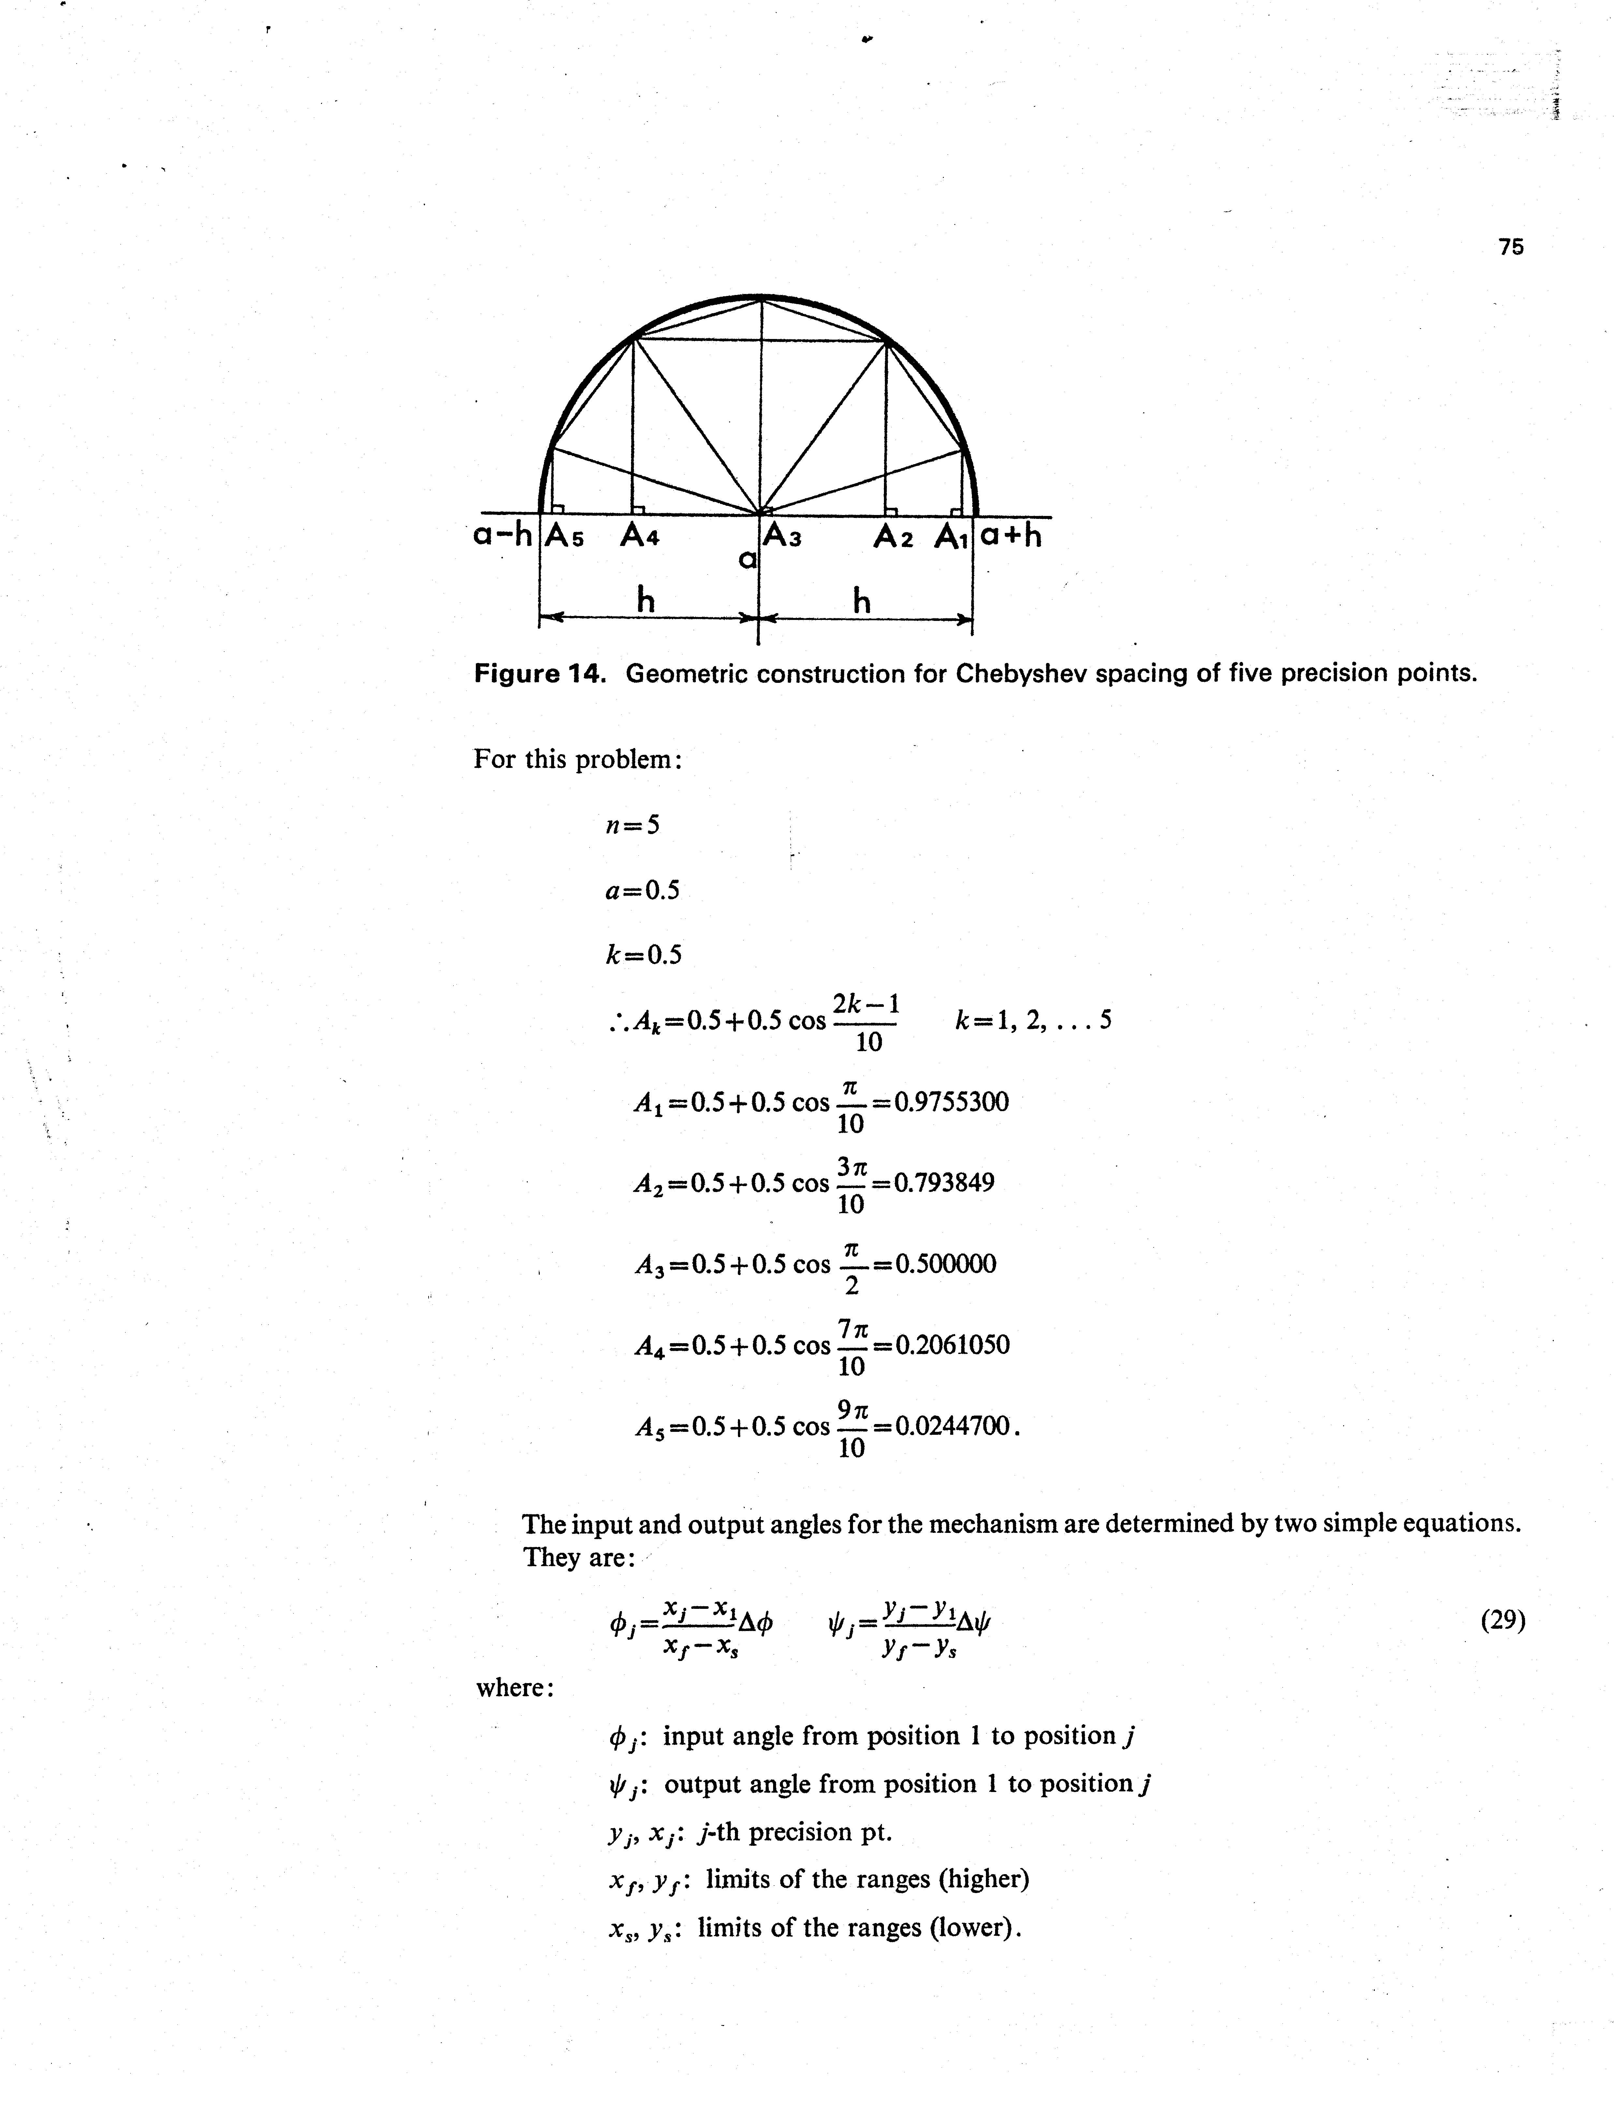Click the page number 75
click(1510, 247)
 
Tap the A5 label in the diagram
click(565, 536)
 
